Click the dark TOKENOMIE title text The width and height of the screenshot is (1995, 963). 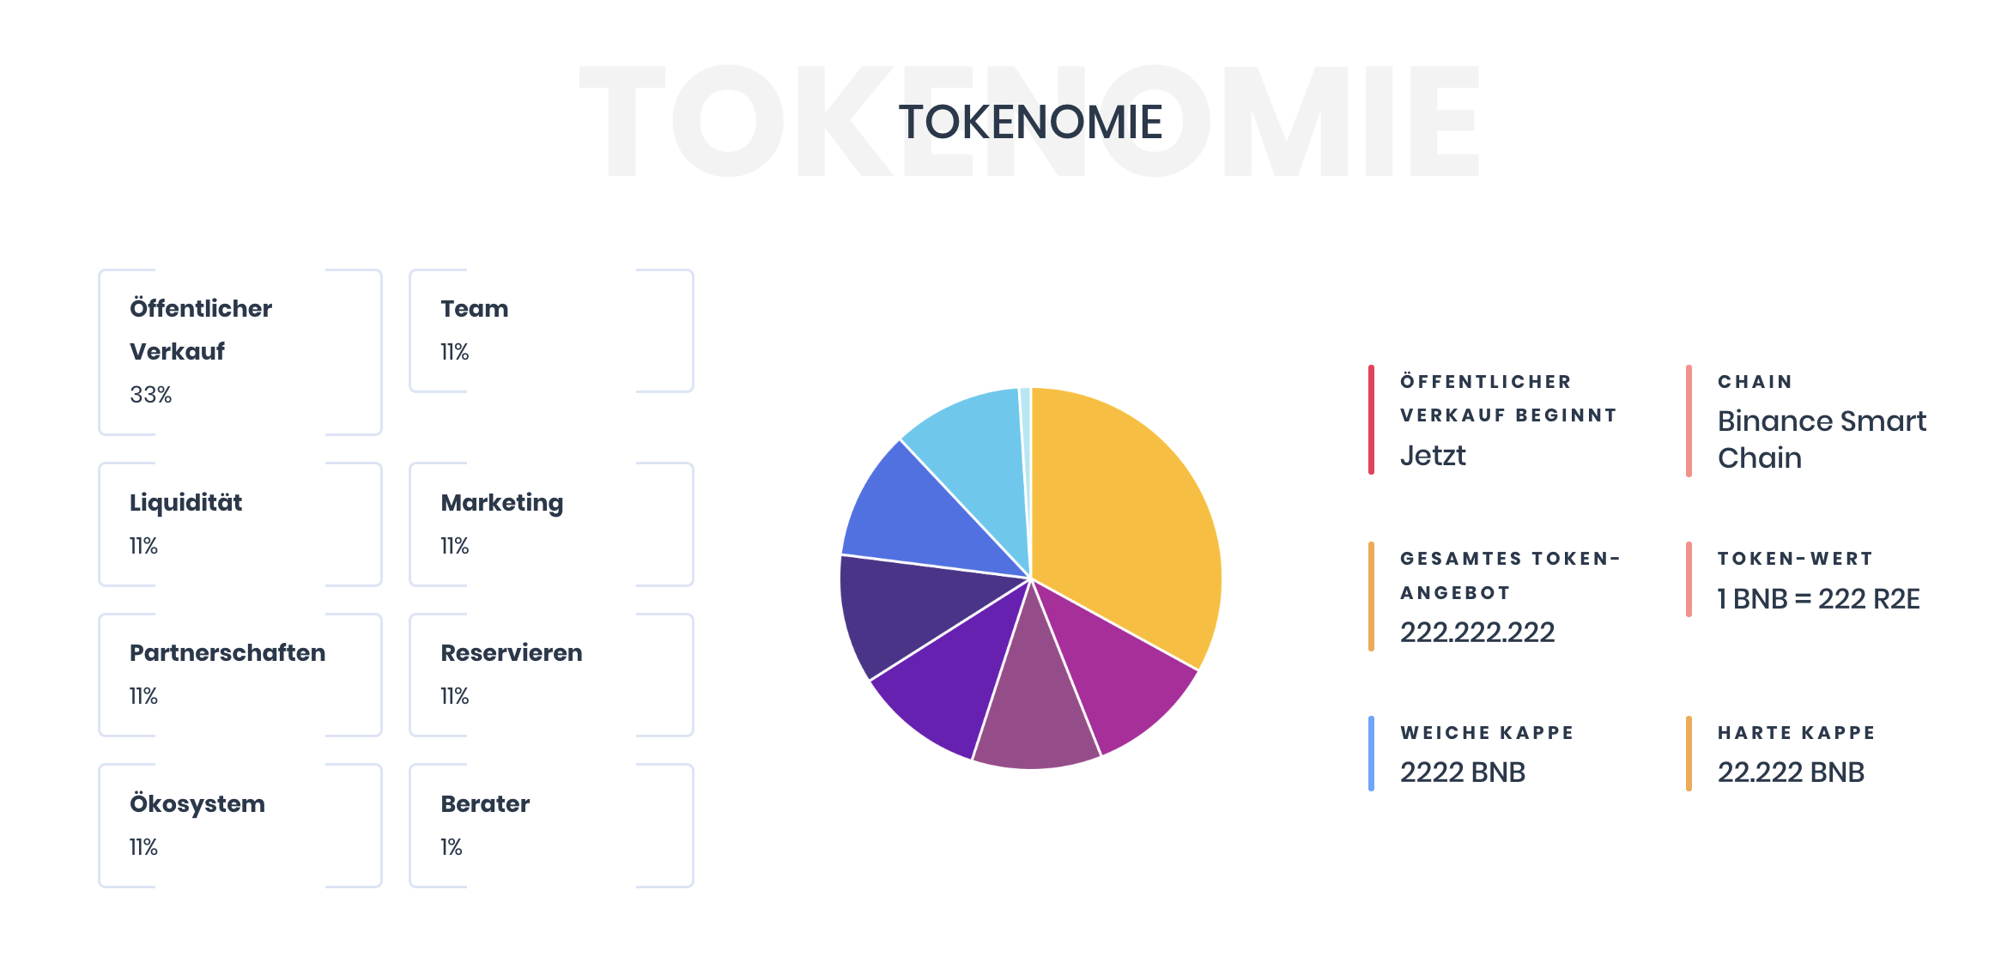coord(1030,122)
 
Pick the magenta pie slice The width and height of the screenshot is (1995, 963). coord(1125,669)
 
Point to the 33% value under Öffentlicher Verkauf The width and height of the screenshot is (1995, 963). coord(150,395)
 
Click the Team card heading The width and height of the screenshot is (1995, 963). coord(474,309)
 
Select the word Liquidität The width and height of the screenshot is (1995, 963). coord(185,503)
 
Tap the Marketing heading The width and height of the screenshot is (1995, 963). coord(501,504)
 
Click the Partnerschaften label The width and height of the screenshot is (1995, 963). coord(227,653)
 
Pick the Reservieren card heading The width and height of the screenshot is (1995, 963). coord(511,653)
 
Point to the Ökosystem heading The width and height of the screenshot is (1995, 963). coord(197,804)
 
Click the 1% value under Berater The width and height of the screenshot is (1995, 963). coord(451,847)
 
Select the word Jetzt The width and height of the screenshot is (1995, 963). coord(1433,456)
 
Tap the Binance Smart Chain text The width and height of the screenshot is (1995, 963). coord(1822,439)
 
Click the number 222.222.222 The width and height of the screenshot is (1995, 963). coord(1477,633)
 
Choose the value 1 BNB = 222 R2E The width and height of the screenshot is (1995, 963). coord(1818,599)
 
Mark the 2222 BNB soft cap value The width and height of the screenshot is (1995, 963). coord(1463,772)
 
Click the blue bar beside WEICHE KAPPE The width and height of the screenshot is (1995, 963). coord(1371,754)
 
